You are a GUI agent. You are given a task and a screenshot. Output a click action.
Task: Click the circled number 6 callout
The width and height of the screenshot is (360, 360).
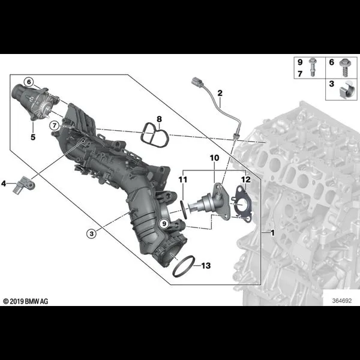pyautogui.click(x=29, y=82)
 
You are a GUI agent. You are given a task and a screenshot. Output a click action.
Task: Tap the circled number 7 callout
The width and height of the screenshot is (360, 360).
pyautogui.click(x=54, y=125)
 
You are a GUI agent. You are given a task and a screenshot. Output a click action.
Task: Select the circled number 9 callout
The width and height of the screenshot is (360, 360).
pyautogui.click(x=164, y=223)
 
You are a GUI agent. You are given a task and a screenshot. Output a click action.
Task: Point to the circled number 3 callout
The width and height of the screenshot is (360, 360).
pyautogui.click(x=92, y=234)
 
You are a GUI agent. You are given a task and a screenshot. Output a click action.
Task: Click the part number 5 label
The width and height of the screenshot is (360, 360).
pyautogui.click(x=33, y=137)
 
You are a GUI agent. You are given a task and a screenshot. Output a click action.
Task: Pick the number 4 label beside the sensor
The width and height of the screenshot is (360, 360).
pyautogui.click(x=4, y=184)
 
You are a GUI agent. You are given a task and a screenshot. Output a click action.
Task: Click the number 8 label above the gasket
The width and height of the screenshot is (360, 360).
pyautogui.click(x=160, y=119)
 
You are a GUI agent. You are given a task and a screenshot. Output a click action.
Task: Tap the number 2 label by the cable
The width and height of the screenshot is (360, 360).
pyautogui.click(x=220, y=93)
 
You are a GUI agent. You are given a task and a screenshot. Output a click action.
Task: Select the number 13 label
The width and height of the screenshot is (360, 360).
pyautogui.click(x=206, y=266)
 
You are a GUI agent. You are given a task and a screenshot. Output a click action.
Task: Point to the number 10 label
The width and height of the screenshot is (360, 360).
pyautogui.click(x=214, y=158)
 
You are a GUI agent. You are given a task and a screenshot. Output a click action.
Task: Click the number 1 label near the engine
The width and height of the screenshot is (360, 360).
pyautogui.click(x=272, y=233)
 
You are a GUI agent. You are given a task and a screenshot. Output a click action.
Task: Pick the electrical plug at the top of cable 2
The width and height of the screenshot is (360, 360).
pyautogui.click(x=197, y=82)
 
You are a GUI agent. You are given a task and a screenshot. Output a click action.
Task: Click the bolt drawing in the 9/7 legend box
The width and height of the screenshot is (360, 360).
pyautogui.click(x=313, y=67)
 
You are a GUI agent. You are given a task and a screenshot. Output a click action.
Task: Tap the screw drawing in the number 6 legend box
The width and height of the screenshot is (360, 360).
pyautogui.click(x=344, y=67)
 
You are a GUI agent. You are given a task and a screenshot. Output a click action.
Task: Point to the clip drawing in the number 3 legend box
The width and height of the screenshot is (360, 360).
pyautogui.click(x=347, y=90)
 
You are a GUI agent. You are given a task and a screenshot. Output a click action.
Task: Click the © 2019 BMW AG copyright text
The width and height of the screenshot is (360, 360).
pyautogui.click(x=26, y=301)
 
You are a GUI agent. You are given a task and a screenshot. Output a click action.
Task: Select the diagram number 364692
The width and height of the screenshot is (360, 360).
pyautogui.click(x=342, y=301)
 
